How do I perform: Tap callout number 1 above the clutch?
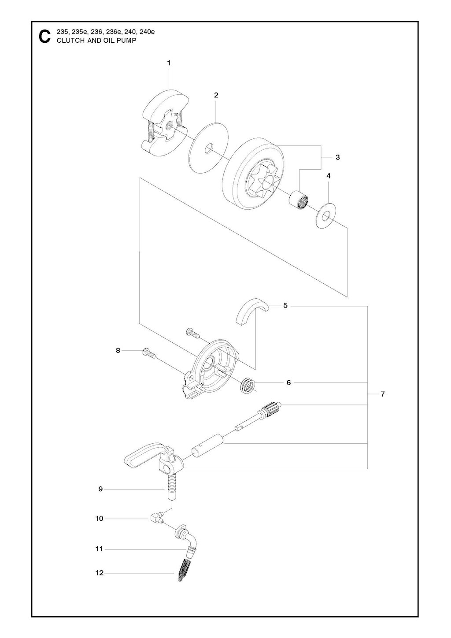click(x=169, y=63)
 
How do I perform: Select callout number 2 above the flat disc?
click(x=216, y=95)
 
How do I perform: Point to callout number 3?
click(x=338, y=157)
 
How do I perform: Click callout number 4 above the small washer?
click(x=328, y=176)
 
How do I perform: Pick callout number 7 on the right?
click(x=382, y=394)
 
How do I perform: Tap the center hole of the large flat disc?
click(x=209, y=148)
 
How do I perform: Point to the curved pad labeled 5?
click(x=252, y=312)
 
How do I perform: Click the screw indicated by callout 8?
click(x=149, y=353)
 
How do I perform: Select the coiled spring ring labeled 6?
click(x=247, y=387)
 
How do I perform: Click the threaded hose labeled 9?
click(x=171, y=488)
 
